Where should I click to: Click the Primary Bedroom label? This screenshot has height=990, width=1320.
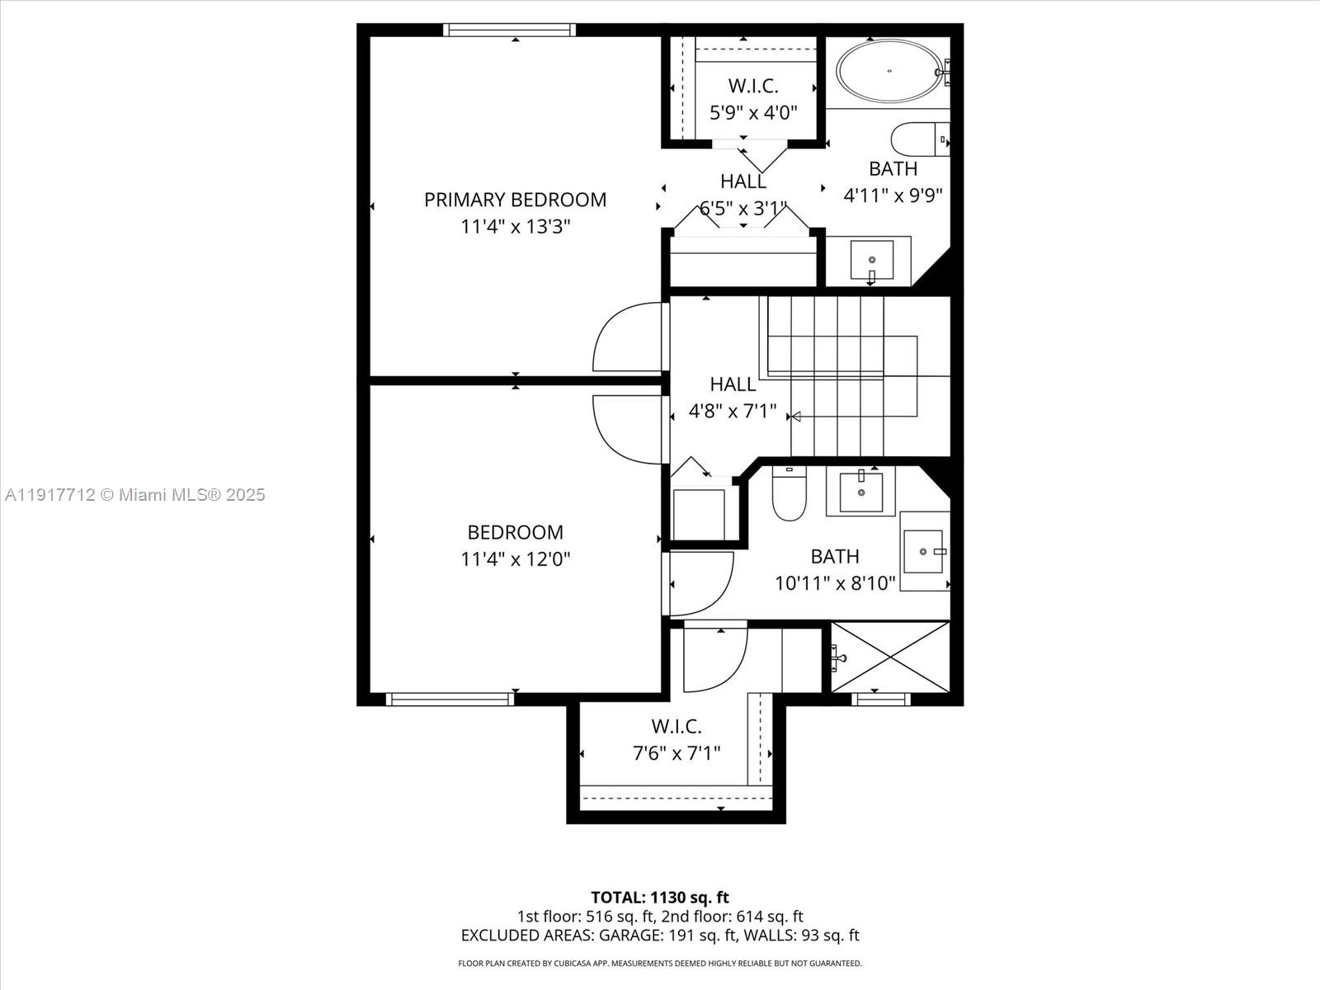pyautogui.click(x=515, y=200)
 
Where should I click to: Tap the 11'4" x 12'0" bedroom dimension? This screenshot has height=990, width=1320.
pyautogui.click(x=515, y=559)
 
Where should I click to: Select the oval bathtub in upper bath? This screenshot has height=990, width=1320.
pyautogui.click(x=889, y=71)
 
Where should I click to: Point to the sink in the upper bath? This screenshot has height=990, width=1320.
pyautogui.click(x=871, y=260)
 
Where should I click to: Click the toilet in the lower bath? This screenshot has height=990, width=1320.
pyautogui.click(x=789, y=494)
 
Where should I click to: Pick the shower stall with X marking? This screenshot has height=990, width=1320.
pyautogui.click(x=890, y=658)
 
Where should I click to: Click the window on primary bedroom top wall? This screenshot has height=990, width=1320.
pyautogui.click(x=509, y=30)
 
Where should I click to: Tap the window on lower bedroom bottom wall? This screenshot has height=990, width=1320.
pyautogui.click(x=450, y=700)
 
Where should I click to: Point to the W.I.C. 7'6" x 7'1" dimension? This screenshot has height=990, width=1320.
pyautogui.click(x=676, y=752)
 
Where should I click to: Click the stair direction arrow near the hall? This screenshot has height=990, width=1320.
pyautogui.click(x=795, y=417)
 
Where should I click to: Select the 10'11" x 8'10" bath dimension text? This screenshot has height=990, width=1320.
pyautogui.click(x=835, y=583)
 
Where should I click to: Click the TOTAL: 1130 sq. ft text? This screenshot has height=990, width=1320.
pyautogui.click(x=659, y=897)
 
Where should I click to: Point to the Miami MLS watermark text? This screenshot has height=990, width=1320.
pyautogui.click(x=135, y=495)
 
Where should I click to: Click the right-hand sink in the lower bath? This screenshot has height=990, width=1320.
pyautogui.click(x=923, y=551)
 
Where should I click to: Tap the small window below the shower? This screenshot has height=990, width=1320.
pyautogui.click(x=881, y=700)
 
